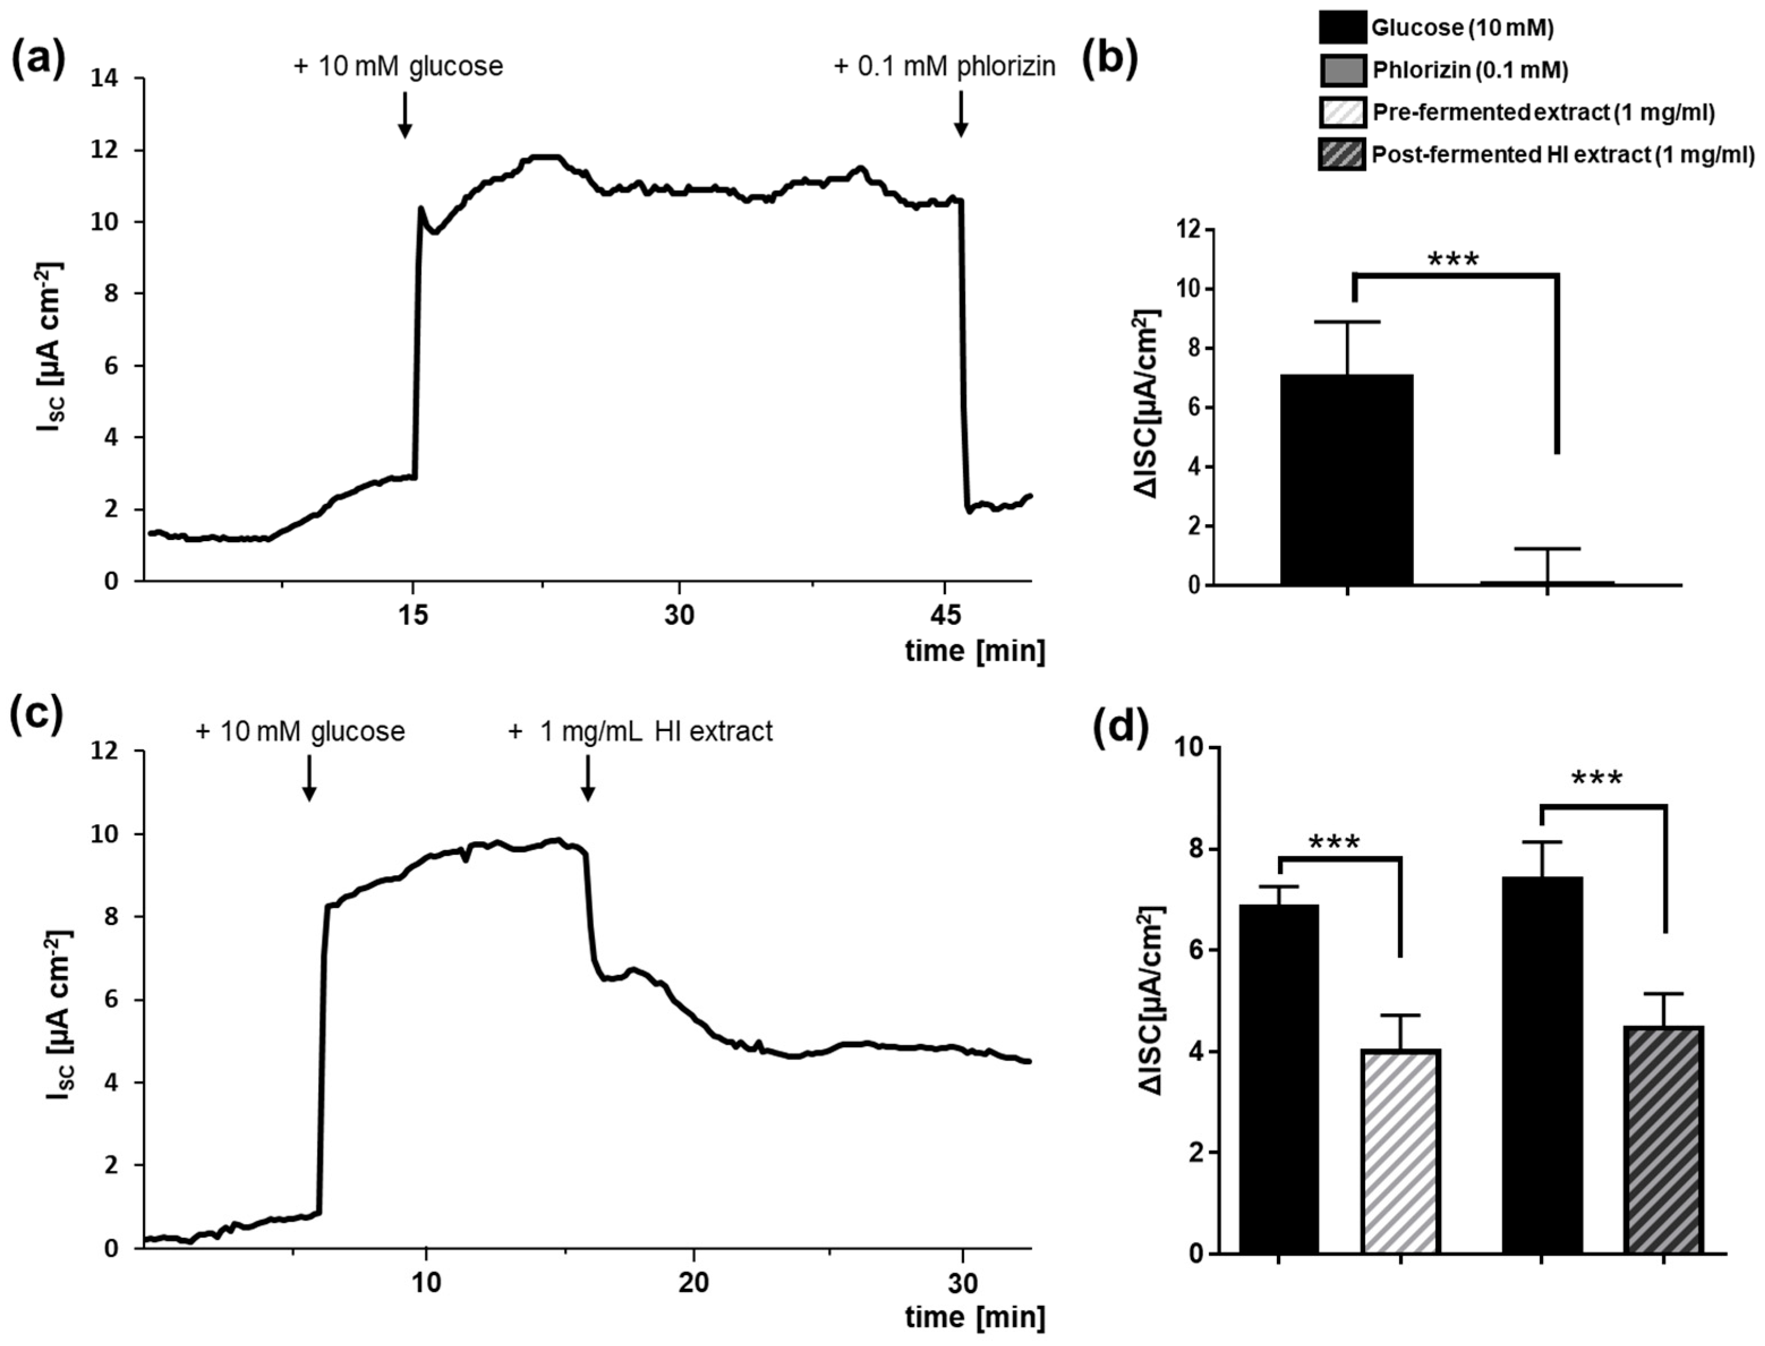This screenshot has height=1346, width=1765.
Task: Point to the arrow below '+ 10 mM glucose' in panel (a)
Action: (405, 114)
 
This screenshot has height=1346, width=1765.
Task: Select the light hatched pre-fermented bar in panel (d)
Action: (1401, 1161)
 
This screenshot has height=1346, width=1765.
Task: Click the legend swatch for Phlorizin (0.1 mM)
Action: (1342, 71)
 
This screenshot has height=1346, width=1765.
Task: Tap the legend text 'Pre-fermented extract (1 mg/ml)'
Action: (1543, 113)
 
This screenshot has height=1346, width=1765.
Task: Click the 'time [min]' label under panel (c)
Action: (975, 1317)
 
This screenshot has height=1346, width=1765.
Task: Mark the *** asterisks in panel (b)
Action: (1454, 260)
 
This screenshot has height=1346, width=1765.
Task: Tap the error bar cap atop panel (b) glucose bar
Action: (1347, 322)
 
